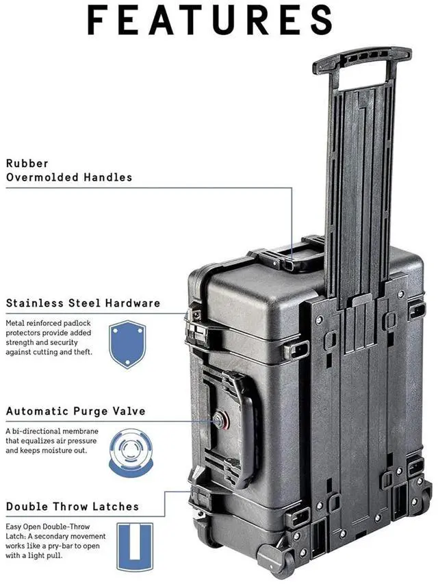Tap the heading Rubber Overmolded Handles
coord(68,170)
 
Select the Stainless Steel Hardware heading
coord(83,303)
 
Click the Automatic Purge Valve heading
coord(75,411)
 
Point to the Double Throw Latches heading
coord(73,507)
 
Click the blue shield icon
coord(127,344)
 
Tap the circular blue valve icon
coord(131,452)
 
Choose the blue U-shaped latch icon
coord(135,546)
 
